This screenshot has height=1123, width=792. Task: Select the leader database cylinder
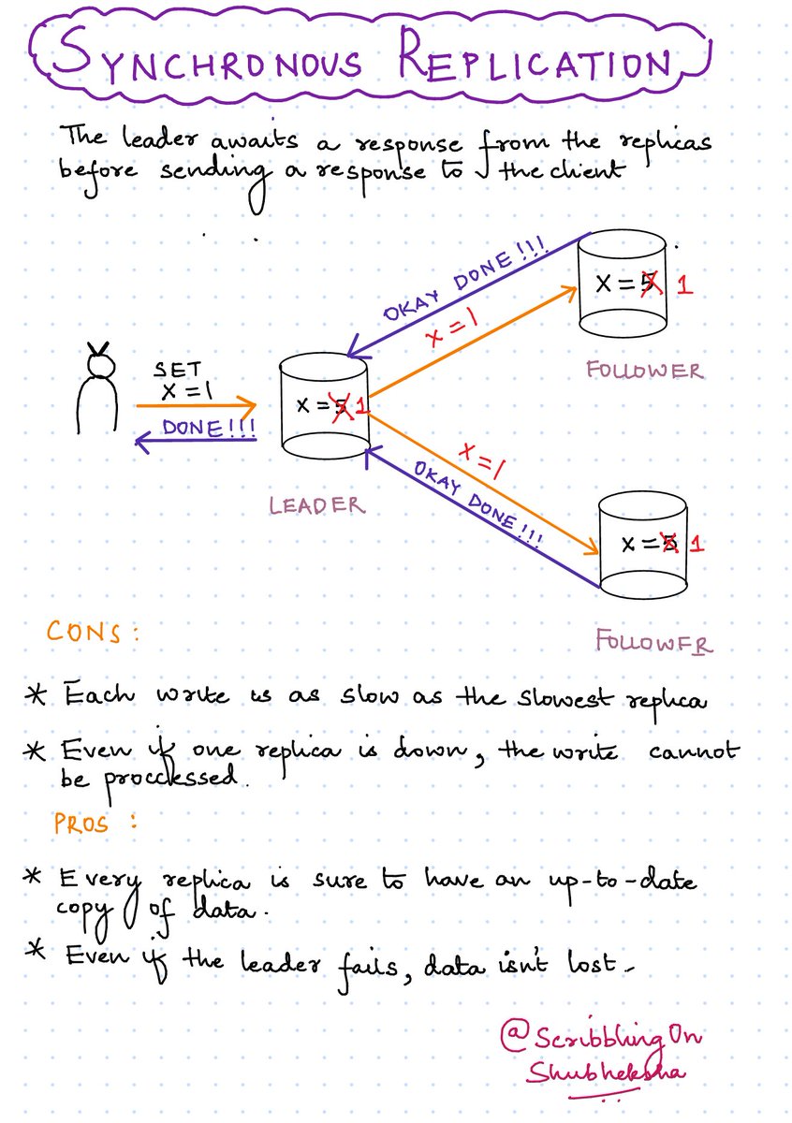[327, 410]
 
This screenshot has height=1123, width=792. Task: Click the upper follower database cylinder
[623, 285]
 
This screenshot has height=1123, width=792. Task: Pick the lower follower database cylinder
[644, 547]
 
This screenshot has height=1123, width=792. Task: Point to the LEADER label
[316, 505]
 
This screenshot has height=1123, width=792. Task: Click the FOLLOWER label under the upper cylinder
[644, 371]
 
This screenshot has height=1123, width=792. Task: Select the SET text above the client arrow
[178, 372]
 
